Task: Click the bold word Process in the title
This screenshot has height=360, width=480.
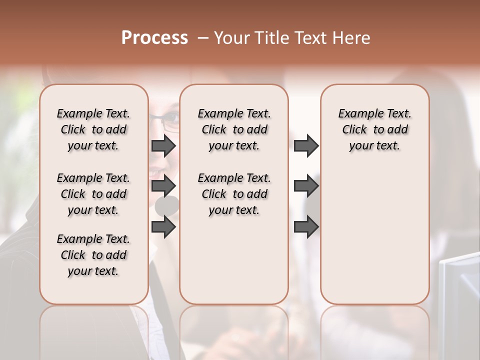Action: point(154,38)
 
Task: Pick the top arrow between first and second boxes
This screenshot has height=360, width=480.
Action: point(163,146)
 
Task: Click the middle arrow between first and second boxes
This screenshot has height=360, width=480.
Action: point(163,186)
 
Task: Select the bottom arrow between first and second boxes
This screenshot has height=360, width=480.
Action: point(163,227)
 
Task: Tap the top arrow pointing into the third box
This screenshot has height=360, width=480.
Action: point(306,146)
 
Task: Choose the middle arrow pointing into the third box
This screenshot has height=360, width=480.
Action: point(306,186)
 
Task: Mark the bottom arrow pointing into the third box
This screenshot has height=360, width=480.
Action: point(306,227)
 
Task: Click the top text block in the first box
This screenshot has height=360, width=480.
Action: point(93,129)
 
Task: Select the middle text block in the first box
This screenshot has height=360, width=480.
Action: point(93,194)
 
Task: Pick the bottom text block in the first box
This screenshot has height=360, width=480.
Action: point(93,255)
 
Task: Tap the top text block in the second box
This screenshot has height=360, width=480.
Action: point(234,129)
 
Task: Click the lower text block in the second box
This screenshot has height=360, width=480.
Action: point(234,194)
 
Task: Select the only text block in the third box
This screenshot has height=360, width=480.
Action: point(374,129)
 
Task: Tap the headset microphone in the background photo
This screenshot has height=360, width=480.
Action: point(167,205)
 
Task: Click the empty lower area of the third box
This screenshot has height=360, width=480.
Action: point(374,240)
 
